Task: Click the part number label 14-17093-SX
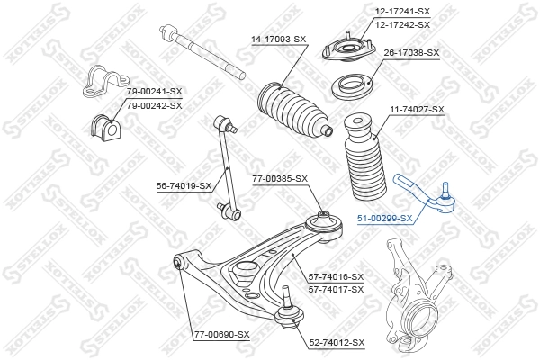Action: click(x=278, y=40)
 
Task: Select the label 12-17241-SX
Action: click(x=404, y=12)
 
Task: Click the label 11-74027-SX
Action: click(x=417, y=109)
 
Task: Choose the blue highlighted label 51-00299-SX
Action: click(x=384, y=218)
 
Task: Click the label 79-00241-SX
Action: click(x=154, y=92)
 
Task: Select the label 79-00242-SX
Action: click(x=154, y=105)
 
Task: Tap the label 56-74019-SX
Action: click(x=184, y=186)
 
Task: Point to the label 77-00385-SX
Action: click(x=280, y=179)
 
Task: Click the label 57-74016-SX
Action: click(x=336, y=276)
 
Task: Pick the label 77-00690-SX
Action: click(x=222, y=335)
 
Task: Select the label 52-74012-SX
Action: click(x=337, y=342)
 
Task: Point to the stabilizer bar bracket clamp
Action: click(x=98, y=81)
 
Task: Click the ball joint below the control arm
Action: click(x=285, y=310)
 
